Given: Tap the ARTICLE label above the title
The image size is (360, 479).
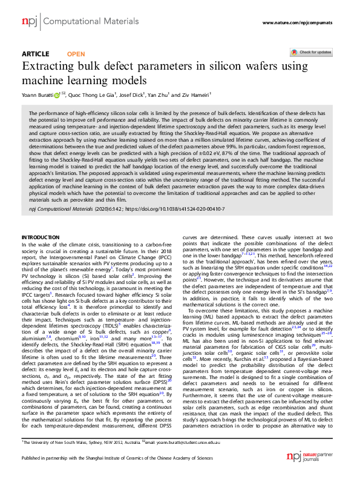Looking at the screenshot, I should click(x=35, y=54).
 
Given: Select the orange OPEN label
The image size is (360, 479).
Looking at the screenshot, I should click(x=76, y=54).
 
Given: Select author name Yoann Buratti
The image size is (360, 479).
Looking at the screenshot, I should click(x=38, y=95).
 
